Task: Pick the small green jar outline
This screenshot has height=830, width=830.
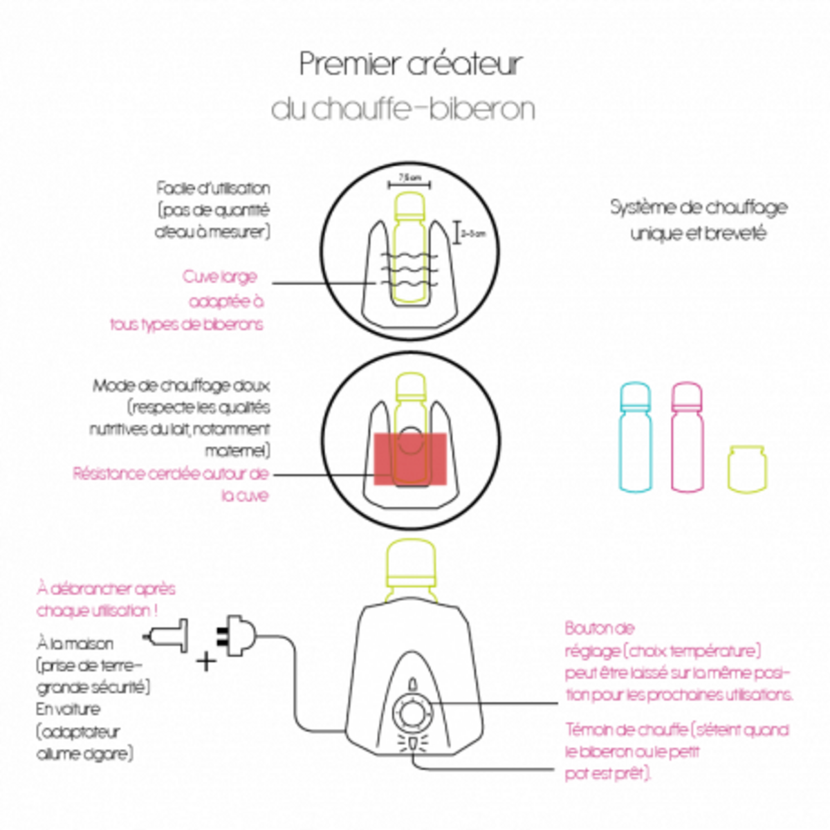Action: tap(746, 469)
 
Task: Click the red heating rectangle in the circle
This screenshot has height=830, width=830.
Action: tap(410, 459)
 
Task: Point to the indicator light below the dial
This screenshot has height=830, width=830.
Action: tap(412, 744)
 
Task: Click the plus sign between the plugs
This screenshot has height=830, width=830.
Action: tap(205, 661)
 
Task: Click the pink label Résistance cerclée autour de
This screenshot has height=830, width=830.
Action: tap(170, 474)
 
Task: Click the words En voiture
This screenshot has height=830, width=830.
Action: tap(68, 710)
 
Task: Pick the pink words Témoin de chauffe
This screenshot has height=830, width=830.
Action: tap(626, 730)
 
